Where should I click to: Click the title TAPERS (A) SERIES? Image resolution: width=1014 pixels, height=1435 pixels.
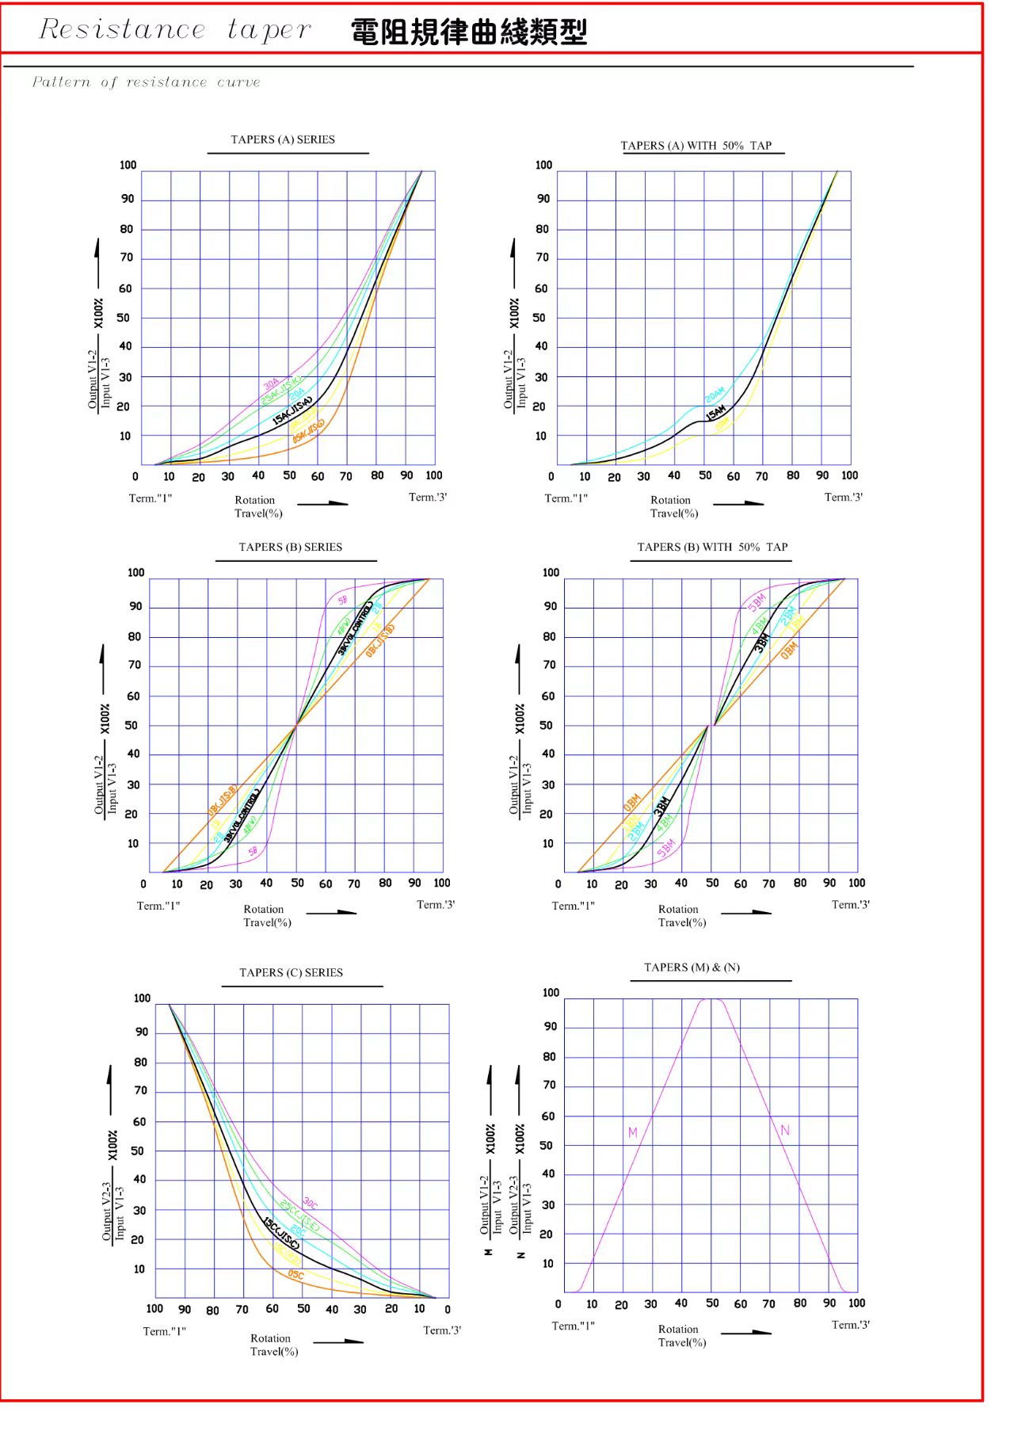[x=283, y=139]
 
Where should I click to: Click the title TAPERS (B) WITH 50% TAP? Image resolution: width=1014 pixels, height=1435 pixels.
[x=712, y=547]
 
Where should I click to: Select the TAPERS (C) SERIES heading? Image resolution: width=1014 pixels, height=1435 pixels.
[x=291, y=972]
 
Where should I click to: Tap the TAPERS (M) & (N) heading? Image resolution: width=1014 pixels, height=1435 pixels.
[x=692, y=967]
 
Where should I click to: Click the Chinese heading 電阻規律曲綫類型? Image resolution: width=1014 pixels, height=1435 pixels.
[x=469, y=32]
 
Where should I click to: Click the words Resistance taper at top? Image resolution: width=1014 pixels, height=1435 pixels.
[x=175, y=30]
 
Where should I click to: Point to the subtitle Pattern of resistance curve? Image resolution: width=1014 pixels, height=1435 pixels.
[x=147, y=82]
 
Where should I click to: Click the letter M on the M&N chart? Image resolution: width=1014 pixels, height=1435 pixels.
[x=632, y=1132]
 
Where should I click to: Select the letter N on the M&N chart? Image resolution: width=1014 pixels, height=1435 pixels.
[x=785, y=1130]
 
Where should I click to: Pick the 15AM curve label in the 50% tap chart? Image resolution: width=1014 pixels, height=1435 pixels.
[x=715, y=413]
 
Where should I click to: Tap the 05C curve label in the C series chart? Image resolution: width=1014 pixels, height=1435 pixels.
[x=295, y=1275]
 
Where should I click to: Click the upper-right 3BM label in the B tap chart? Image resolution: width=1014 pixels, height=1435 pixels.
[x=761, y=642]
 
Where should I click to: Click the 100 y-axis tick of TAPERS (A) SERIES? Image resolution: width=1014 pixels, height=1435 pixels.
[x=128, y=165]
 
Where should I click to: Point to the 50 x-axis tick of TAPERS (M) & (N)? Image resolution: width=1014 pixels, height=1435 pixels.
[x=712, y=1303]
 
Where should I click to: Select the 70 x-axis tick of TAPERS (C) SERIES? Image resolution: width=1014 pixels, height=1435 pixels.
[x=242, y=1309]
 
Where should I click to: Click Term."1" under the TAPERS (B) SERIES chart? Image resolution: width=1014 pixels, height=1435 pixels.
[x=158, y=905]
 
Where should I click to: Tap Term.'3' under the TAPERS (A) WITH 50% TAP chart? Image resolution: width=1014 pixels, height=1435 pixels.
[x=844, y=497]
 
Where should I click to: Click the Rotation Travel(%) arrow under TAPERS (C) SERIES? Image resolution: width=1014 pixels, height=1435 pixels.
[x=338, y=1341]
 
